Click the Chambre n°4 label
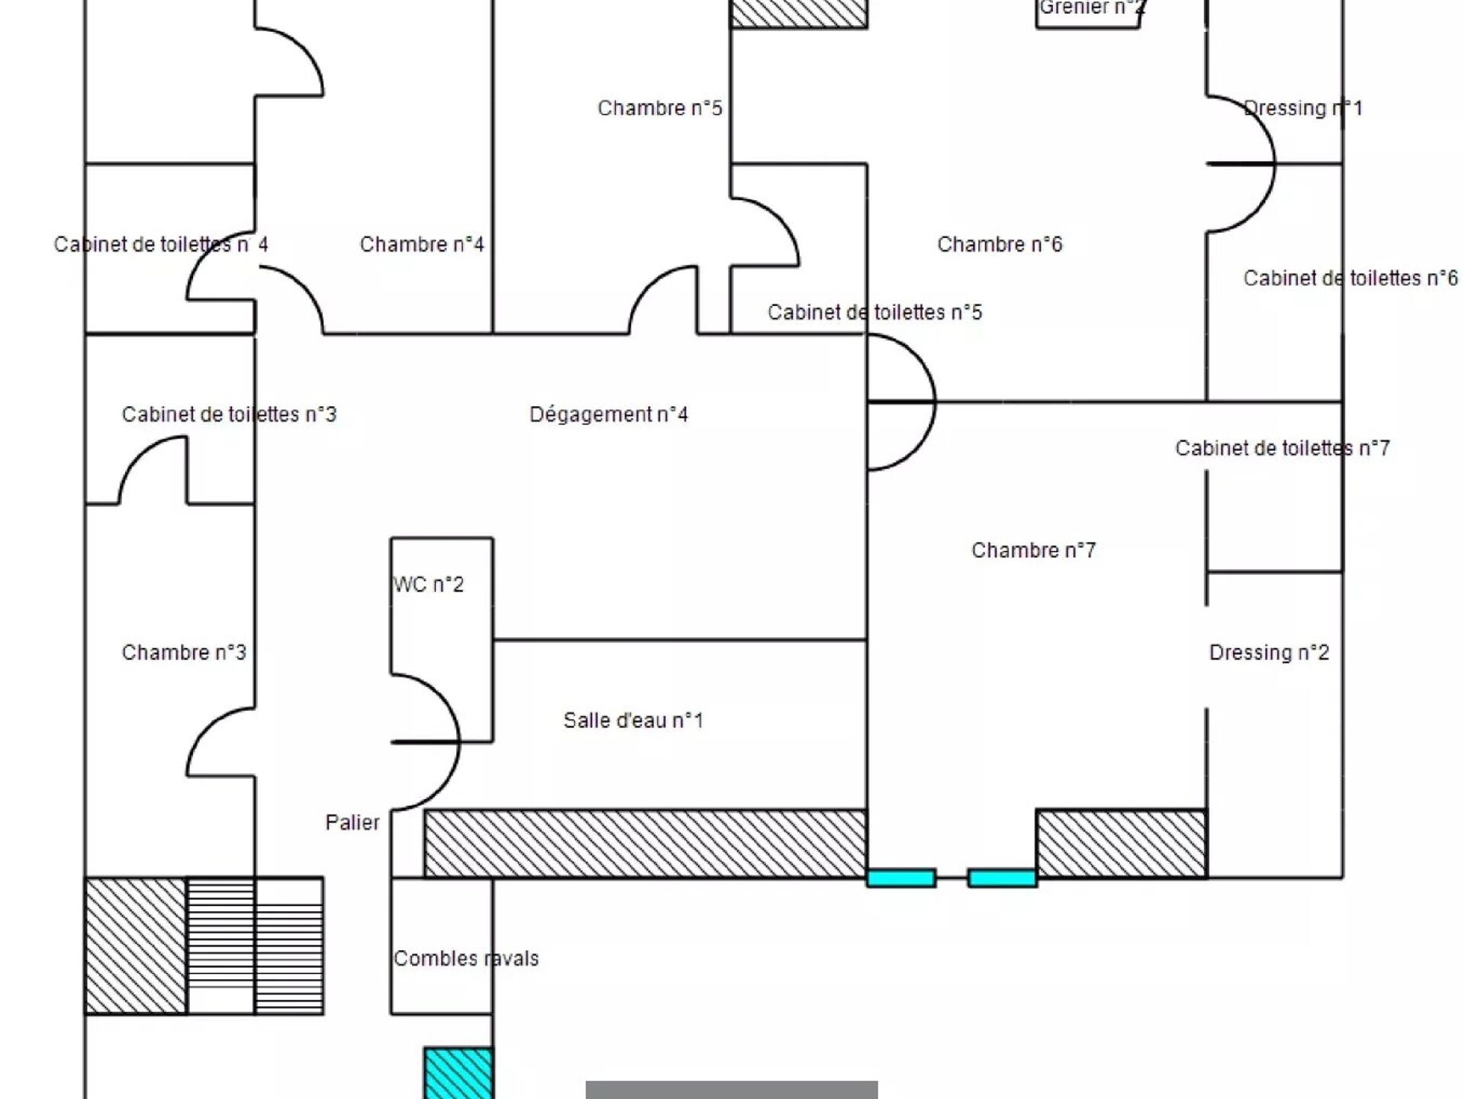422,244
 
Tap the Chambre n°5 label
660,108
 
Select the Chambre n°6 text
1000,244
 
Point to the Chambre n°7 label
1033,550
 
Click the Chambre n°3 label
184,653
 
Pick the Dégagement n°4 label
609,414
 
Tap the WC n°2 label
429,585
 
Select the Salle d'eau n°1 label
633,720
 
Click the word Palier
352,823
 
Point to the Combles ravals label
466,959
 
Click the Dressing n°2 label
1269,653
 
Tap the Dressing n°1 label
1303,108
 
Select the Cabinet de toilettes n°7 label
1282,448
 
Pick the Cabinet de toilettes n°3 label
229,414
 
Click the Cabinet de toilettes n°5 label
874,312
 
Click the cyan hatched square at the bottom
458,1073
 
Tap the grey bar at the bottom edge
732,1090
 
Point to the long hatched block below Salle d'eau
645,844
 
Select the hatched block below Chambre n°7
1121,844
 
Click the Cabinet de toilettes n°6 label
1351,279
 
